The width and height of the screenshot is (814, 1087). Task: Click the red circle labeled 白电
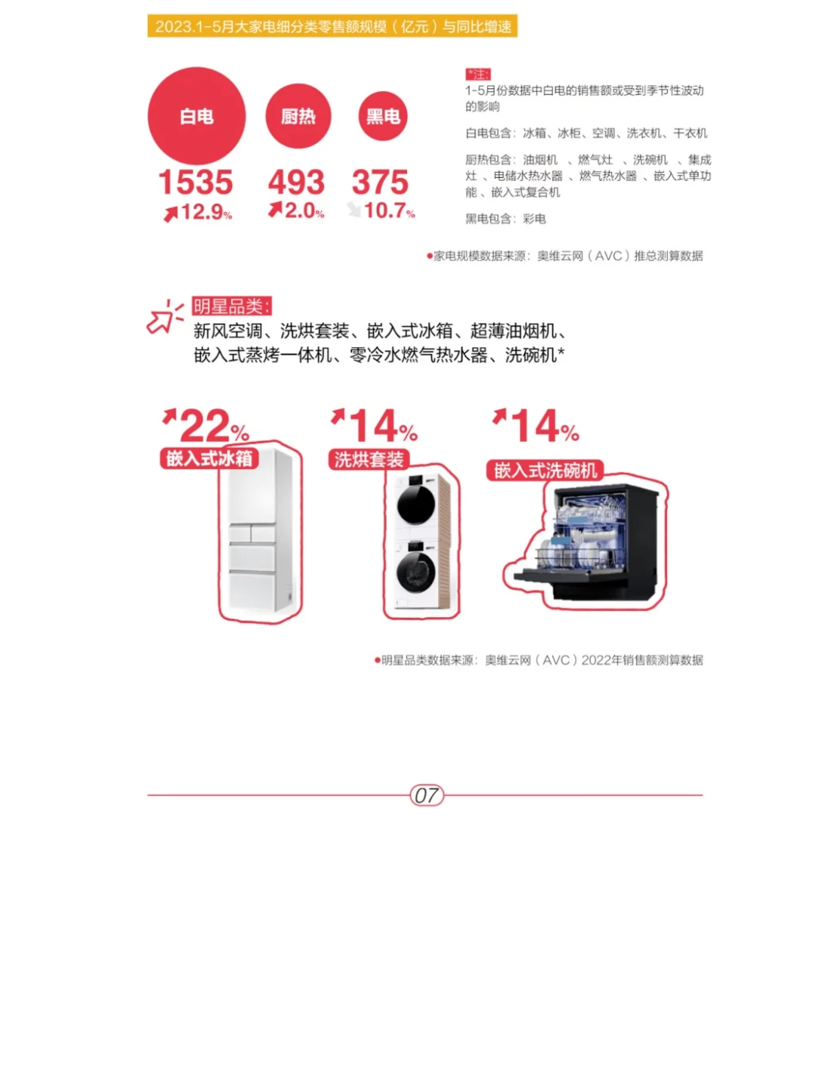pos(197,116)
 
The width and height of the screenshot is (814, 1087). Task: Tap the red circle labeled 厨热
pos(298,116)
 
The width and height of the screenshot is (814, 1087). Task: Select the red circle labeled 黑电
pos(383,116)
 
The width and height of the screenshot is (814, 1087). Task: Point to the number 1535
pos(195,182)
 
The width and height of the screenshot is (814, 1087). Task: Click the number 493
pos(296,182)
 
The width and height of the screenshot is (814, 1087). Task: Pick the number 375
pos(380,182)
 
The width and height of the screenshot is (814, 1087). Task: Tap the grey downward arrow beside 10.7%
pos(354,209)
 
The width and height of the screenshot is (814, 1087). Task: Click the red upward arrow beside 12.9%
pos(171,213)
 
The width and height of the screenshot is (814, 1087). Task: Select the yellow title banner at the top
pos(332,26)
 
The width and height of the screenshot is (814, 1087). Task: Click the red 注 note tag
pos(478,74)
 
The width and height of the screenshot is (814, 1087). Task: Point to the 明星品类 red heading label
pos(231,306)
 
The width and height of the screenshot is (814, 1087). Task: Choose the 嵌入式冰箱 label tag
pos(209,458)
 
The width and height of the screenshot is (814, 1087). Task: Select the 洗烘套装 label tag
pos(369,459)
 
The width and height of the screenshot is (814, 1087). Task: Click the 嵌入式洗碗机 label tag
pos(545,471)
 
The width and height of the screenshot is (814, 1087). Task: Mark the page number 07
pos(427,795)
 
